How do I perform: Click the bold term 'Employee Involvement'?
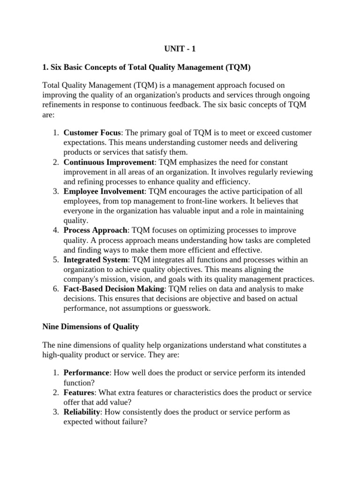104,191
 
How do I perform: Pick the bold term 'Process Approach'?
96,230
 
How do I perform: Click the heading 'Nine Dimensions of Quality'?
90,326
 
